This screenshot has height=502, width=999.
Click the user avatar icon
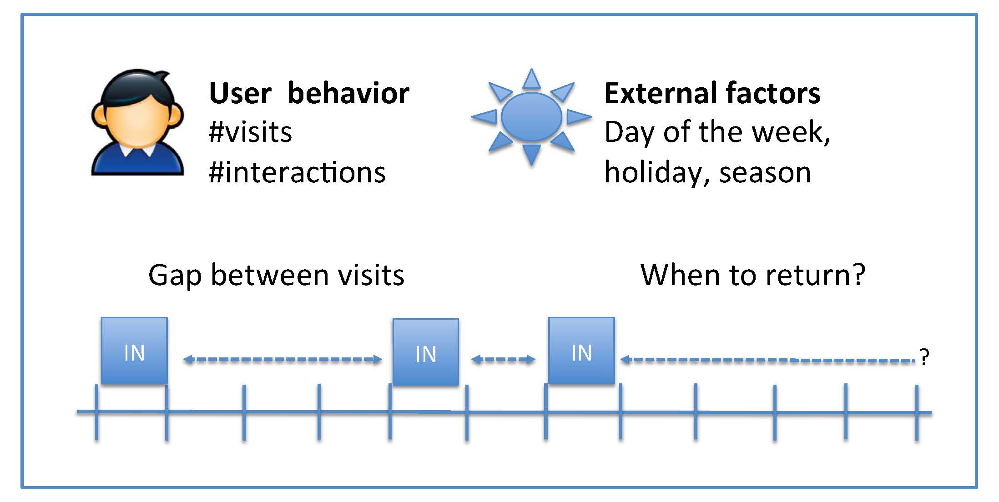137,122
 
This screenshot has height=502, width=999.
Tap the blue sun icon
531,117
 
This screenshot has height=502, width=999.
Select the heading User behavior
309,93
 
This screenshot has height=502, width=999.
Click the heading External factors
712,93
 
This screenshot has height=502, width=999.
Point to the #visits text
250,132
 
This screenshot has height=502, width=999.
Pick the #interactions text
297,172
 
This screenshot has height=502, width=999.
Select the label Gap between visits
276,276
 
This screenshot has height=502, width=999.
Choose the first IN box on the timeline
134,351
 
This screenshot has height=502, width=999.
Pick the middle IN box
426,352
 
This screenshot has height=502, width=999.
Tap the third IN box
581,351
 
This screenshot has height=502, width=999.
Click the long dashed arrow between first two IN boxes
283,360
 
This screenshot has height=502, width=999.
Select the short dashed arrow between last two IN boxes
504,360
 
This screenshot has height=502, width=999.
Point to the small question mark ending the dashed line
924,357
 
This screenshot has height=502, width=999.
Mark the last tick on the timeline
917,412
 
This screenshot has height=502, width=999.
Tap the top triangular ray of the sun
531,79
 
